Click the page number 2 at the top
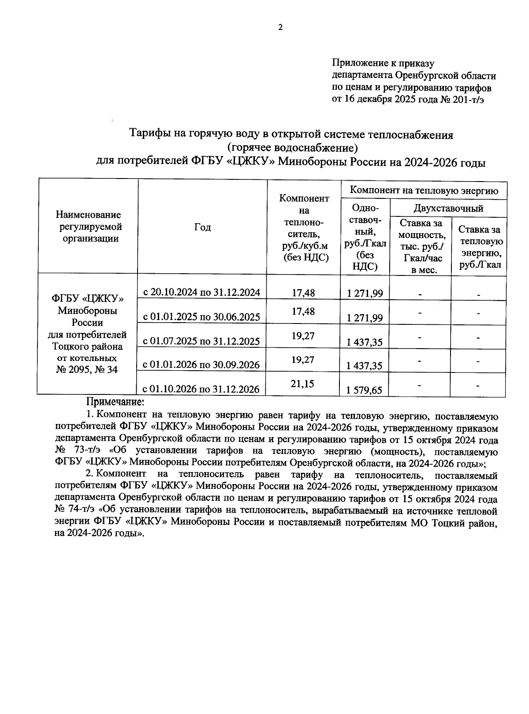[x=280, y=27]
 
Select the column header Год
[x=202, y=227]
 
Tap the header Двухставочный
[x=448, y=208]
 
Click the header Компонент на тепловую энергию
[x=424, y=190]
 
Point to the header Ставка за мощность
[x=421, y=246]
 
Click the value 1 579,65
[x=365, y=390]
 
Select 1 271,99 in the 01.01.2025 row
[x=365, y=317]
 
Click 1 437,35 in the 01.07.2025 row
[x=365, y=342]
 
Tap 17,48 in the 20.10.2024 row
[x=303, y=292]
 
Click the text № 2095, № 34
[x=87, y=369]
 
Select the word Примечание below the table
[x=115, y=402]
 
